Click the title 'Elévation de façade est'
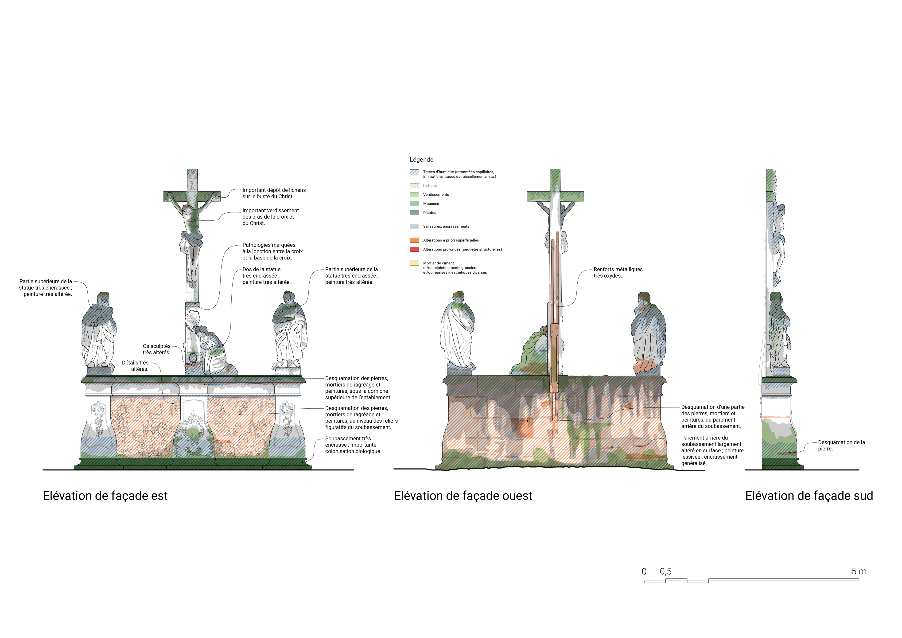[105, 496]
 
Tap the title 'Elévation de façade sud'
[809, 496]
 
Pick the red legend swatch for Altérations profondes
[414, 249]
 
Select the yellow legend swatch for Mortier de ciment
[414, 263]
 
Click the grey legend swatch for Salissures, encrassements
[414, 227]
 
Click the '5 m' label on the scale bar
[859, 571]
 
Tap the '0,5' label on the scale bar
[665, 571]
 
